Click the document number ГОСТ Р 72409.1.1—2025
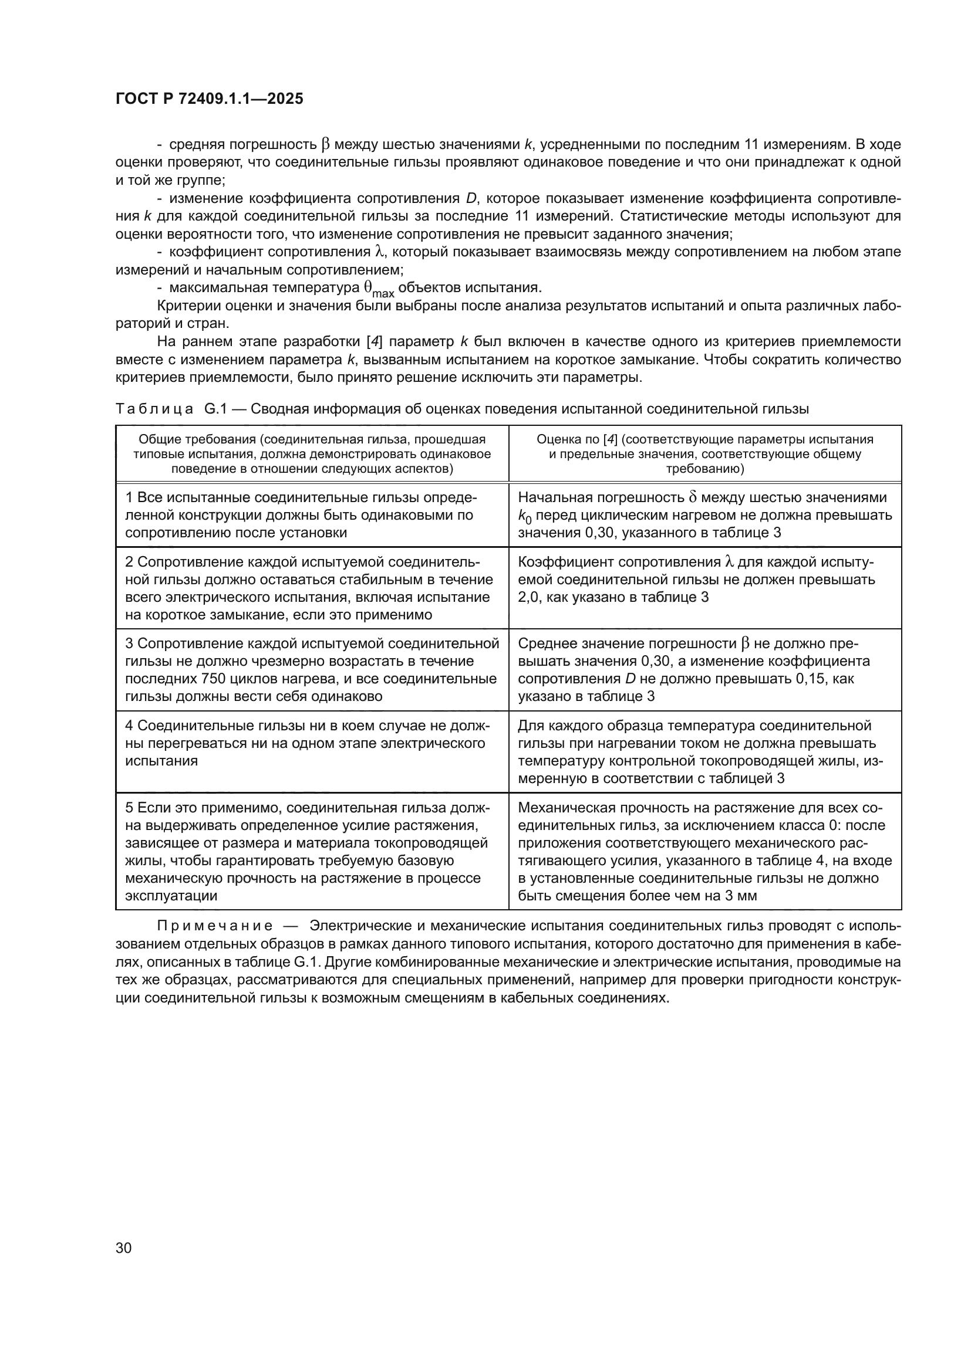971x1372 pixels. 209,99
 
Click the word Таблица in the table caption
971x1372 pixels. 154,409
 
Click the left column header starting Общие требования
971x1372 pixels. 312,454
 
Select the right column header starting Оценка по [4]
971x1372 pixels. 705,454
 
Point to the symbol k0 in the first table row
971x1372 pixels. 524,516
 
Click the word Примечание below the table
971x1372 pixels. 215,926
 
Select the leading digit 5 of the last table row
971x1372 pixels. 129,808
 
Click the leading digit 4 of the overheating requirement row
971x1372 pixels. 129,726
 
